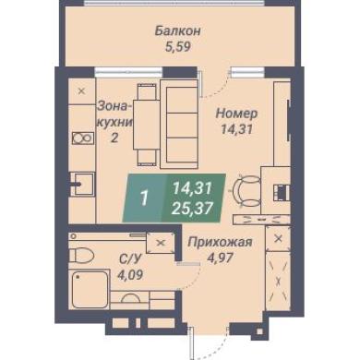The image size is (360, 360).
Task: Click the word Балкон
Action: click(178, 31)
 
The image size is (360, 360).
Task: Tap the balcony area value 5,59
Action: click(178, 47)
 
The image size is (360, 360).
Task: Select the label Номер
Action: click(236, 114)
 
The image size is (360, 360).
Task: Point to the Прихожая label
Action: click(220, 242)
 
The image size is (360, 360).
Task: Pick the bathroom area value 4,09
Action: click(130, 274)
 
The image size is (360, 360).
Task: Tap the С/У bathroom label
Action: click(130, 259)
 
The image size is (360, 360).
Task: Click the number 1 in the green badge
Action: click(143, 198)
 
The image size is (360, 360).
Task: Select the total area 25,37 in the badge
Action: click(193, 210)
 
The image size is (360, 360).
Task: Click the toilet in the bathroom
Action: click(80, 255)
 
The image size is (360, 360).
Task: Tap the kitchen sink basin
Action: click(83, 184)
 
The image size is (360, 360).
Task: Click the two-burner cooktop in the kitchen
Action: click(83, 138)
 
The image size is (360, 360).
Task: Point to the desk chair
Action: click(246, 191)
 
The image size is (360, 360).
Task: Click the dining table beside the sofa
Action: click(146, 125)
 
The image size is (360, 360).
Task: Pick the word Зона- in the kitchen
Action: click(113, 106)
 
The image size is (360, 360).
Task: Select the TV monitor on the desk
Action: click(282, 192)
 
